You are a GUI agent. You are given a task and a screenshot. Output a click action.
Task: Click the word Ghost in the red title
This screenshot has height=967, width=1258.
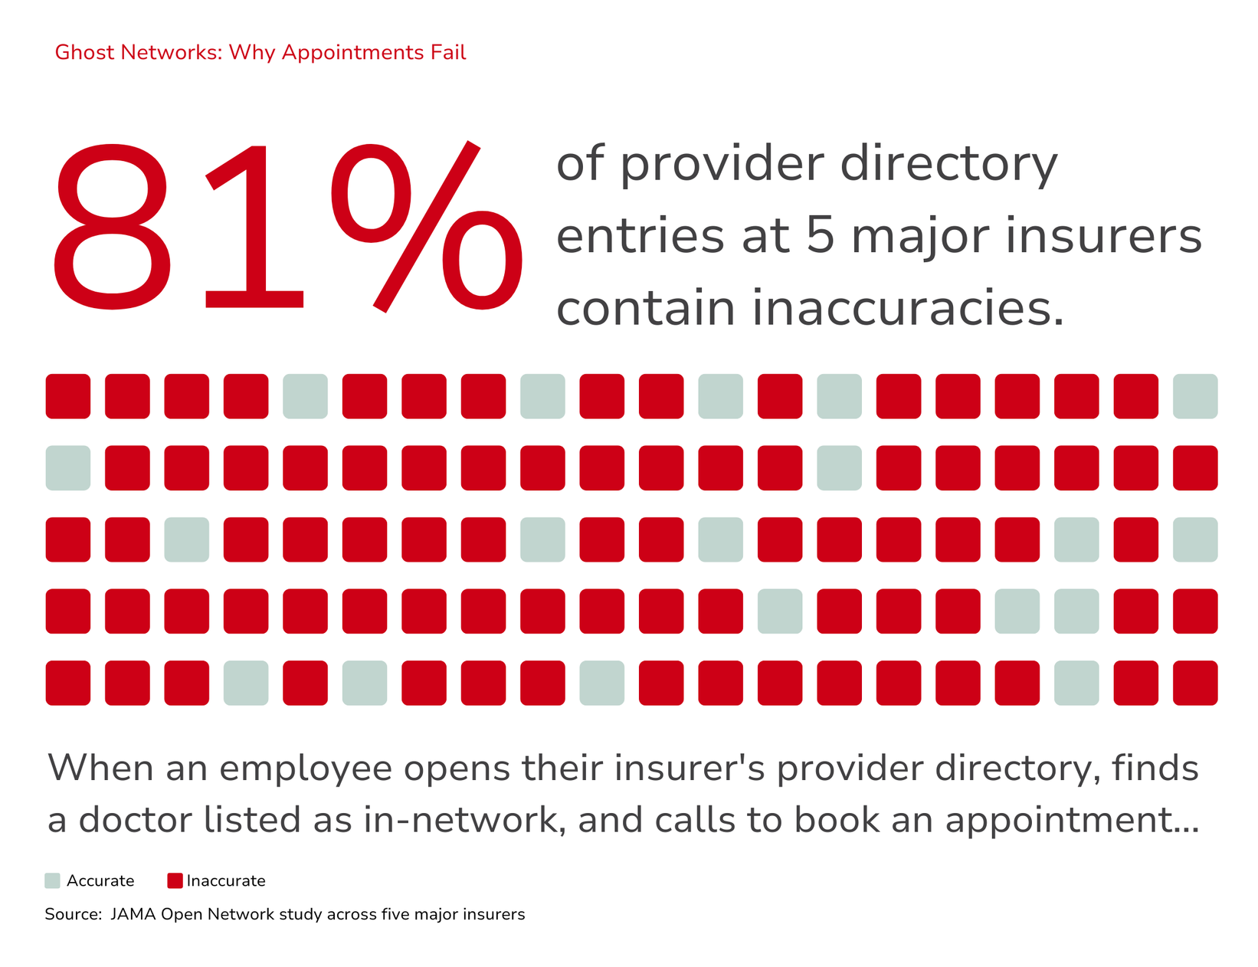(x=84, y=52)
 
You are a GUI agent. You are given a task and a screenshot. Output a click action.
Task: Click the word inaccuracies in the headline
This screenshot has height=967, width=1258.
(x=909, y=308)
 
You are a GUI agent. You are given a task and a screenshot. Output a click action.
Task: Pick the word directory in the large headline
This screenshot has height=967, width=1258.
(x=948, y=164)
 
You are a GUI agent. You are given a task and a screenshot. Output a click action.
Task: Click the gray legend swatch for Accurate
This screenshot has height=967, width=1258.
(x=52, y=880)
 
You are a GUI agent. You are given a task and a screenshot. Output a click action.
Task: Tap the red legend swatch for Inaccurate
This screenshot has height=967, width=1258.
(x=175, y=880)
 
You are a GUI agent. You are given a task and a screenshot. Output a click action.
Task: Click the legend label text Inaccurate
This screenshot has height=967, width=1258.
(x=226, y=880)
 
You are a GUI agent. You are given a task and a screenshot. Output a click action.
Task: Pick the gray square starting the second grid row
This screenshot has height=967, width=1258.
(x=68, y=468)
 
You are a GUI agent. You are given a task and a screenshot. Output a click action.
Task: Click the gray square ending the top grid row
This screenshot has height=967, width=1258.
(x=1195, y=396)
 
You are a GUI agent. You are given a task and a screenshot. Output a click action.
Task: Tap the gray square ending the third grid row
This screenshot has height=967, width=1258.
(x=1195, y=539)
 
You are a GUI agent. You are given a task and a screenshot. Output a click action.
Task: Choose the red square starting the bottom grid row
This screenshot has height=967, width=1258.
(x=68, y=683)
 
